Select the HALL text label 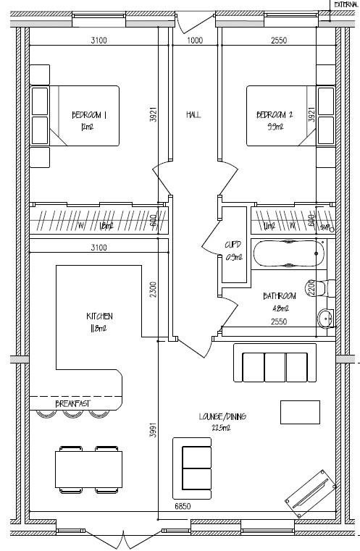tap(193, 115)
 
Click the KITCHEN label tap(100, 316)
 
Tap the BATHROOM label tap(280, 297)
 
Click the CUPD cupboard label tap(233, 246)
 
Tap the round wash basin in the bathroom tap(326, 318)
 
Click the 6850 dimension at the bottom tap(182, 507)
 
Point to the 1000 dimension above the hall tap(194, 41)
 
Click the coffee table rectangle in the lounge tap(300, 411)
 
